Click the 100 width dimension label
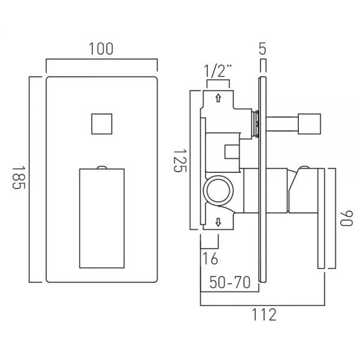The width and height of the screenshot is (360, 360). (x=101, y=49)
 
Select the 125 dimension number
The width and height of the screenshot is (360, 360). (x=180, y=161)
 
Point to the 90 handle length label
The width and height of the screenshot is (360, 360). (x=346, y=218)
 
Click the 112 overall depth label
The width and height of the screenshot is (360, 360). (x=264, y=314)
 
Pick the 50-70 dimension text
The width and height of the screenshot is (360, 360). (x=230, y=282)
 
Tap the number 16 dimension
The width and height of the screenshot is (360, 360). (x=211, y=259)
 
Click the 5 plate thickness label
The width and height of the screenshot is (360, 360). (x=262, y=49)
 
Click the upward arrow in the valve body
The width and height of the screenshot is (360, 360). (x=218, y=98)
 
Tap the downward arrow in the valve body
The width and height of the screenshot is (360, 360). (x=218, y=222)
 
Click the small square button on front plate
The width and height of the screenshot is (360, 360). (x=102, y=124)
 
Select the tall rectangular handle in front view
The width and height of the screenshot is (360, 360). (x=102, y=218)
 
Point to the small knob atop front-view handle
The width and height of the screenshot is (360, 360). (x=102, y=167)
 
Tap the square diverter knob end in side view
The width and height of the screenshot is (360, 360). (x=309, y=124)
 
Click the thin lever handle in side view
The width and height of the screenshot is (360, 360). (x=321, y=218)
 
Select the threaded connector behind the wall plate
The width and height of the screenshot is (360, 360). (x=256, y=124)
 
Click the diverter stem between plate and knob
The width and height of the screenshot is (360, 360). (x=282, y=124)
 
